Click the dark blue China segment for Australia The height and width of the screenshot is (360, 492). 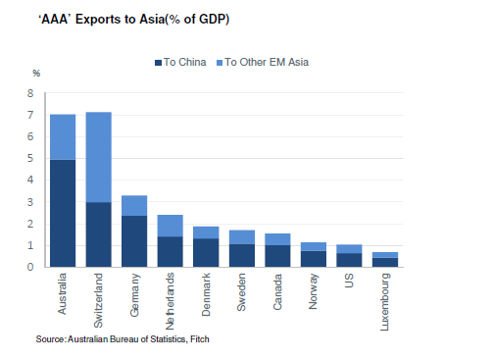click(x=63, y=212)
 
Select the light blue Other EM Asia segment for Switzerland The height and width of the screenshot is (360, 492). click(x=98, y=157)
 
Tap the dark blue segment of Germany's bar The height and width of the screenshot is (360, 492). click(x=134, y=240)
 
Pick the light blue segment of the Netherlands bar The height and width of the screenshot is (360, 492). click(x=170, y=226)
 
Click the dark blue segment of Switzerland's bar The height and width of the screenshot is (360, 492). click(x=98, y=233)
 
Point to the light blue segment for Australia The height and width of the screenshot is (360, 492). click(x=63, y=136)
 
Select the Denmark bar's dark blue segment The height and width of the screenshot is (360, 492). click(x=206, y=252)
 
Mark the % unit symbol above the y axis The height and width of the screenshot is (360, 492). click(x=36, y=74)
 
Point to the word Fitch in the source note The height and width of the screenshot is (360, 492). click(x=199, y=339)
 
